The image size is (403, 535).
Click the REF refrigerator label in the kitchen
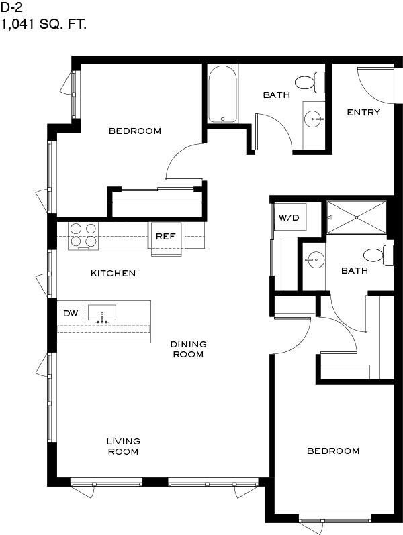[x=165, y=236]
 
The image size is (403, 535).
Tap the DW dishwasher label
[x=71, y=313]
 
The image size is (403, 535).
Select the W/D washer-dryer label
[x=289, y=217]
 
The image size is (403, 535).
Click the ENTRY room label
[x=363, y=112]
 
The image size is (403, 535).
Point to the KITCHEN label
[x=113, y=273]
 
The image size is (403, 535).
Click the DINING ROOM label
[x=188, y=349]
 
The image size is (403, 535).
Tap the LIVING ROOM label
[x=124, y=447]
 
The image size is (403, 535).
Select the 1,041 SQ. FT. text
[x=44, y=24]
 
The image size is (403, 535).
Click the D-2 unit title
[x=11, y=7]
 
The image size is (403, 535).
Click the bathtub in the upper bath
[x=222, y=94]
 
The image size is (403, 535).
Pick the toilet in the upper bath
[x=310, y=82]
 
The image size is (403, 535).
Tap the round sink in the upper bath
[x=314, y=119]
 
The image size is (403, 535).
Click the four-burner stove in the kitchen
[x=83, y=236]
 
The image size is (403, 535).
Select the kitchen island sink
[x=102, y=313]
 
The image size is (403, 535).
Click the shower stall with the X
[x=357, y=217]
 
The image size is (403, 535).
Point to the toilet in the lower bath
[x=378, y=255]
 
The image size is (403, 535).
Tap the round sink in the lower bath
[x=315, y=260]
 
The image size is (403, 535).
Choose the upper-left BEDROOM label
[x=135, y=131]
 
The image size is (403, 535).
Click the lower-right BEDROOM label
[x=333, y=451]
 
